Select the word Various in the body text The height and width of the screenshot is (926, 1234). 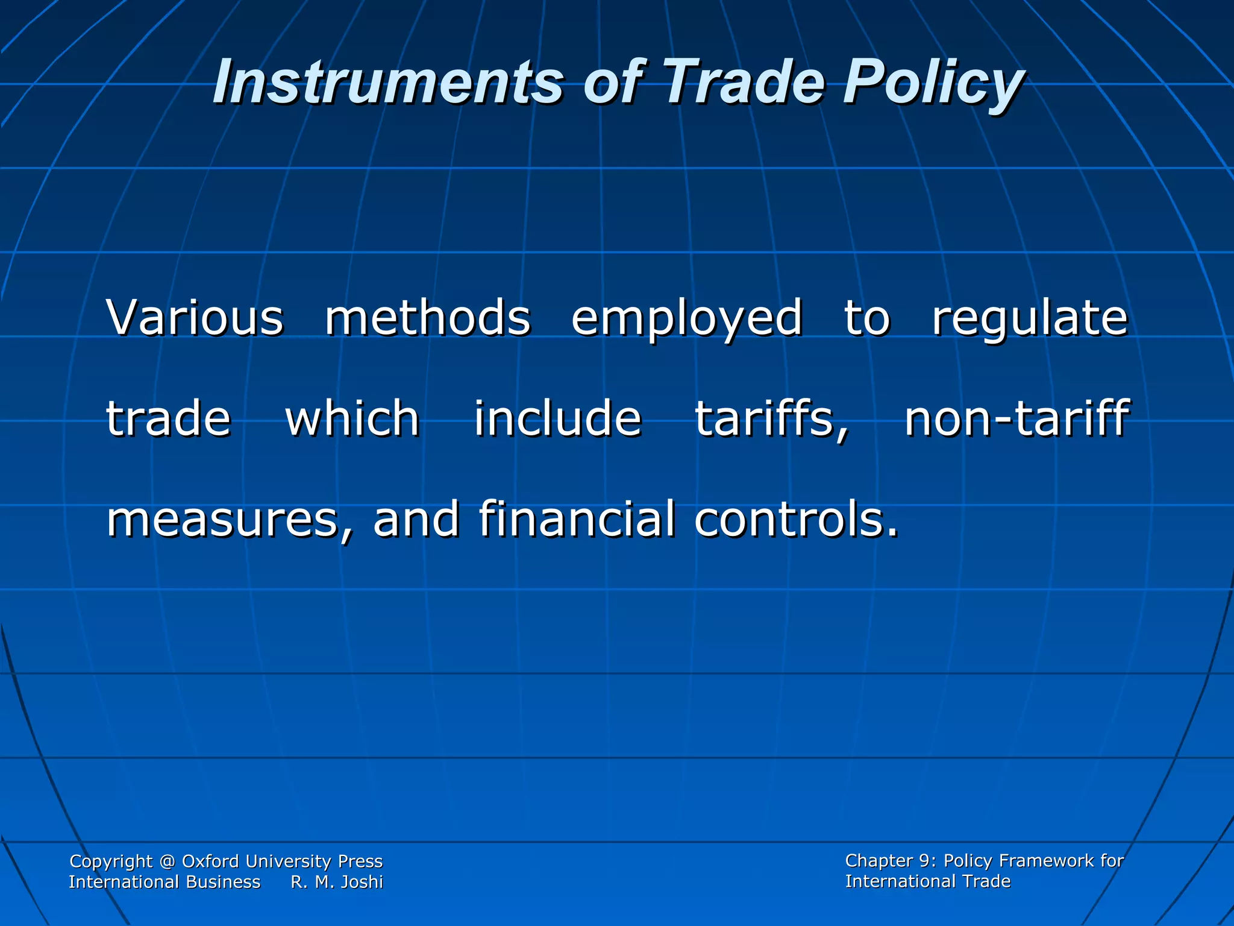(195, 318)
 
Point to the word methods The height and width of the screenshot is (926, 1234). (428, 318)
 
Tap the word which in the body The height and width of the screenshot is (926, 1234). (352, 418)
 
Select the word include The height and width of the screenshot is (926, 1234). (557, 418)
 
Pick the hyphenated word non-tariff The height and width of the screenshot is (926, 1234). (1016, 418)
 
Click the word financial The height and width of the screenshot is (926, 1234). (577, 518)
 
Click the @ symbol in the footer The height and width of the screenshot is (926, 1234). (168, 861)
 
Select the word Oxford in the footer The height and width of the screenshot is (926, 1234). (210, 861)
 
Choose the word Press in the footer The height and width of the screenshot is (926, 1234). (360, 861)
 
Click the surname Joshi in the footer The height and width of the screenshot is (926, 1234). (362, 882)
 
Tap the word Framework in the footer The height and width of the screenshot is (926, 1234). (1042, 861)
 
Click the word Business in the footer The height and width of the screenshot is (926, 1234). (223, 882)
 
